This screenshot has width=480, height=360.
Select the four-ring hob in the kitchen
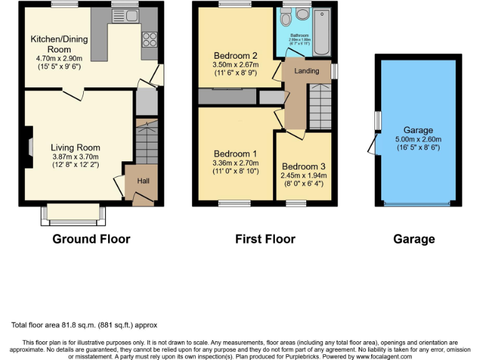click(x=150, y=39)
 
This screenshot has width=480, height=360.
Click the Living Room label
click(x=75, y=147)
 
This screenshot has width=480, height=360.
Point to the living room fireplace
click(x=29, y=147)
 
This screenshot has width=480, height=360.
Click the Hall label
click(x=143, y=181)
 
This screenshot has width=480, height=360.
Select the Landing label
click(x=306, y=71)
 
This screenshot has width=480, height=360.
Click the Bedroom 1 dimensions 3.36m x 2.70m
click(x=236, y=163)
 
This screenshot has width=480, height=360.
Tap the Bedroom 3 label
click(x=303, y=166)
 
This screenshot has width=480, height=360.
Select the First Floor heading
click(x=265, y=239)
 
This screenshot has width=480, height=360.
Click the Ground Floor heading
click(x=91, y=239)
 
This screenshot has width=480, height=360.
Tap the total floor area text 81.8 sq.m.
click(x=84, y=325)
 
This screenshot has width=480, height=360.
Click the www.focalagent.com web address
click(x=375, y=357)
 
